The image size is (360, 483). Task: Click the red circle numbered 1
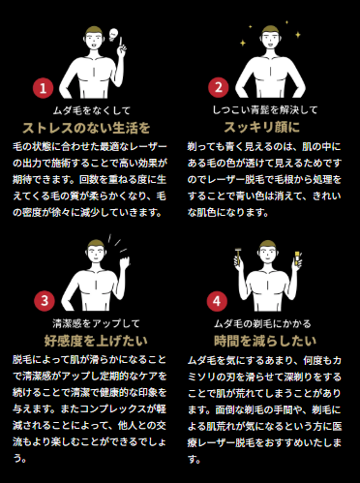(42, 89)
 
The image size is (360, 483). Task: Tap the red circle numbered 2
(219, 89)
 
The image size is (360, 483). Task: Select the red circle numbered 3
(42, 301)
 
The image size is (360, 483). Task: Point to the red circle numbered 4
(219, 301)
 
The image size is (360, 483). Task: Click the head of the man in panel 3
(88, 254)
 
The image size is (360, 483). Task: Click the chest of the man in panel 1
(88, 83)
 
